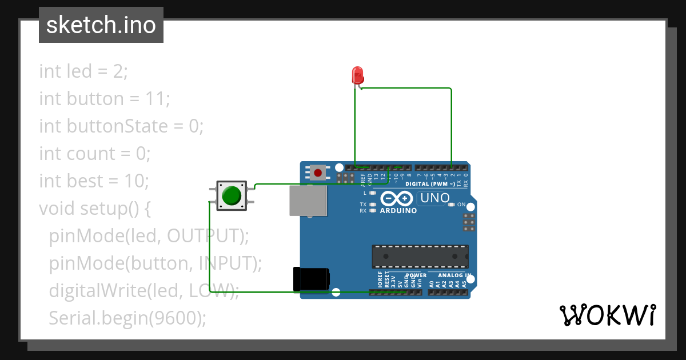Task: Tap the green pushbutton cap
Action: (232, 195)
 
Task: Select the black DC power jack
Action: (311, 279)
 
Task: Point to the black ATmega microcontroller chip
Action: (420, 257)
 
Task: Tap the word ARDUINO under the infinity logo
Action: (398, 210)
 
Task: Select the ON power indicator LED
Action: (452, 204)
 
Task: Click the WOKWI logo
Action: (607, 315)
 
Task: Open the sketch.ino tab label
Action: (101, 25)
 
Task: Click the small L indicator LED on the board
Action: (373, 193)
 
